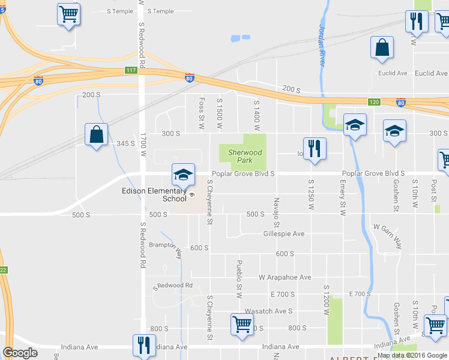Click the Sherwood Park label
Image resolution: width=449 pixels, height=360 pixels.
click(246, 156)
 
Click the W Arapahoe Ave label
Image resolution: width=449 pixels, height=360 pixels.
click(285, 277)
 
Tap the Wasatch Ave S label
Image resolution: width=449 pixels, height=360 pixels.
click(268, 311)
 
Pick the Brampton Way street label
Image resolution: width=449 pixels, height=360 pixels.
click(166, 248)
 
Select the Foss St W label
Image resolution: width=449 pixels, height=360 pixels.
click(202, 114)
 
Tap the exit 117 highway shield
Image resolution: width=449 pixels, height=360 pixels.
click(131, 70)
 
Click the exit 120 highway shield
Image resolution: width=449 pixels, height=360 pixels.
click(374, 102)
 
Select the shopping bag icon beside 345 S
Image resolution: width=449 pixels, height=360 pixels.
click(96, 135)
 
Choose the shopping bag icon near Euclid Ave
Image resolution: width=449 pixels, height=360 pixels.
click(382, 49)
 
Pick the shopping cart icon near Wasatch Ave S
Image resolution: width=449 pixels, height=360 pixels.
click(242, 325)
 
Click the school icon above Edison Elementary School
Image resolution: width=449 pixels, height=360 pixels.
click(184, 175)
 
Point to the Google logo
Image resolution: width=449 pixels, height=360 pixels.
click(20, 353)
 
